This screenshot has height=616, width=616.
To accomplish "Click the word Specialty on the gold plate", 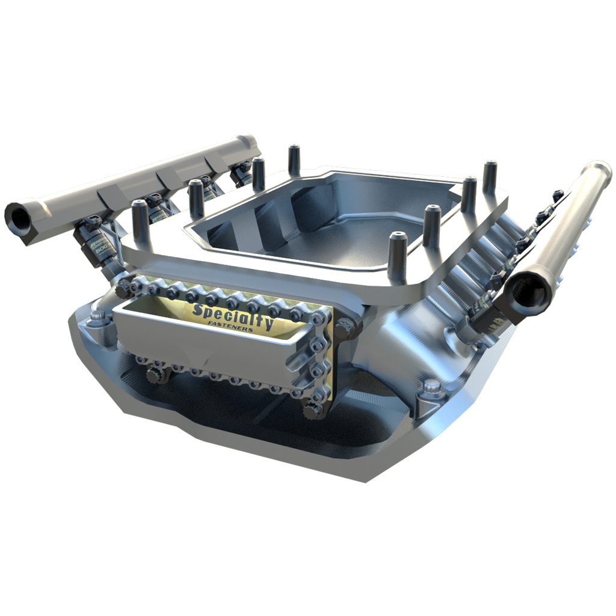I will [232, 315].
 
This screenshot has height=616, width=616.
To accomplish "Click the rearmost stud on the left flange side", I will [294, 159].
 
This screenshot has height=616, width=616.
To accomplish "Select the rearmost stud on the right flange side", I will [490, 174].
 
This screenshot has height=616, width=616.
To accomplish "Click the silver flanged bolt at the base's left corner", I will [95, 318].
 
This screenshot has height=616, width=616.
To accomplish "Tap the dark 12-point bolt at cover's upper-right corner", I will [344, 327].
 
